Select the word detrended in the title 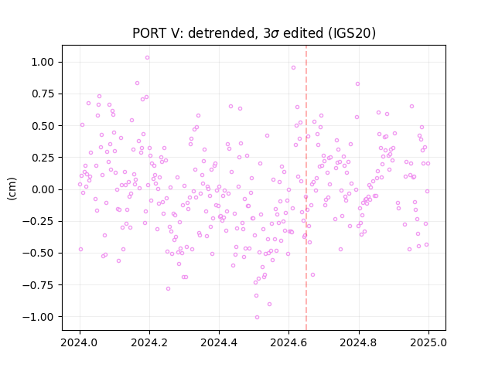point(222,33)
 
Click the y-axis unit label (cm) point(12,189)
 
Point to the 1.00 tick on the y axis point(43,62)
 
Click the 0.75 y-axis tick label point(43,94)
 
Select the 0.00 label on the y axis point(43,189)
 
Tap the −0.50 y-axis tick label point(38,253)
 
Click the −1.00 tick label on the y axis point(38,317)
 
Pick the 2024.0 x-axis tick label point(80,342)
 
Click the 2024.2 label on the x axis point(149,342)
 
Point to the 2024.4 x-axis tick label point(219,342)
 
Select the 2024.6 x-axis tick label point(288,342)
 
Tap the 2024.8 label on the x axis point(359,342)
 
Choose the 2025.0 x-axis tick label point(428,342)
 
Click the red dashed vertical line point(306,188)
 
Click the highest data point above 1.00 point(147,58)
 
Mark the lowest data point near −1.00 point(257,318)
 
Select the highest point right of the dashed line point(357,84)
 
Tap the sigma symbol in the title point(275,34)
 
